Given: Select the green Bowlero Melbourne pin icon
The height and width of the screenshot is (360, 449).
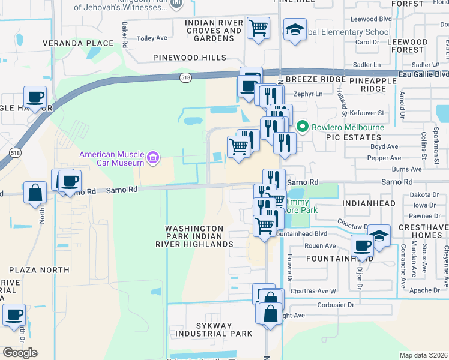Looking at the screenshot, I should tap(302, 127).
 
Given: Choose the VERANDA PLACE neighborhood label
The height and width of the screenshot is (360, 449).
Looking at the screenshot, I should tap(78, 43).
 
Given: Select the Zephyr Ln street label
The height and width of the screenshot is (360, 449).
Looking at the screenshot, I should tap(307, 94).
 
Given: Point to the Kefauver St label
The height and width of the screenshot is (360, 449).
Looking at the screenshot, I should tap(366, 112).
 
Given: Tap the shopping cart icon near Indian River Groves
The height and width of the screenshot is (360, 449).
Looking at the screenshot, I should tap(258, 28).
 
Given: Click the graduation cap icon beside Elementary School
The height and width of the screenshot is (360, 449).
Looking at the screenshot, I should tap(295, 29).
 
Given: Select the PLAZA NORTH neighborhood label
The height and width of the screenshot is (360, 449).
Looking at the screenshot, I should tap(39, 270).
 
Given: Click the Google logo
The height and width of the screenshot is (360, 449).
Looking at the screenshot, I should tap(20, 353).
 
